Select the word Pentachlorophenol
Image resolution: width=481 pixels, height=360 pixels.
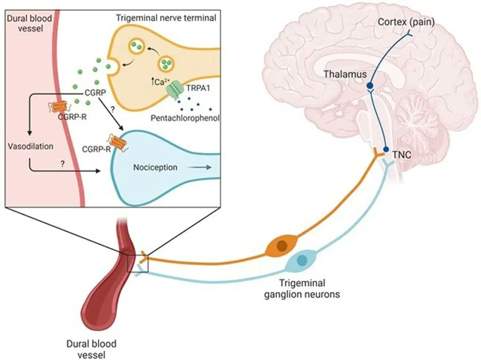(x=185, y=117)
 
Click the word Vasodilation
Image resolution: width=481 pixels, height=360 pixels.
(x=31, y=147)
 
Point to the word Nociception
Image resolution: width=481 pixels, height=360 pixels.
(x=155, y=167)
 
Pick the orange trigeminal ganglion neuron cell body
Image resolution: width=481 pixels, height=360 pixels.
(x=282, y=246)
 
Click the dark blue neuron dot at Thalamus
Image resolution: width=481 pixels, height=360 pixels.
(x=370, y=86)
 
